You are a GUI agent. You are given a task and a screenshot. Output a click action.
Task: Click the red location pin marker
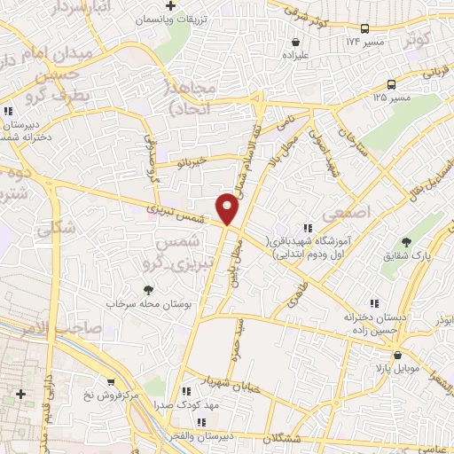(228, 207)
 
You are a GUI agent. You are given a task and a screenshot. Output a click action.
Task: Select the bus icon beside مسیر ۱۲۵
(391, 84)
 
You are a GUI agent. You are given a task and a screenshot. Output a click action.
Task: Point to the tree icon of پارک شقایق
(407, 241)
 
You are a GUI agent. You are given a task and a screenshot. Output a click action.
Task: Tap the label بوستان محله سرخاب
(149, 304)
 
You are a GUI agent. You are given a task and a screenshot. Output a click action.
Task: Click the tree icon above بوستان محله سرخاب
(149, 288)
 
